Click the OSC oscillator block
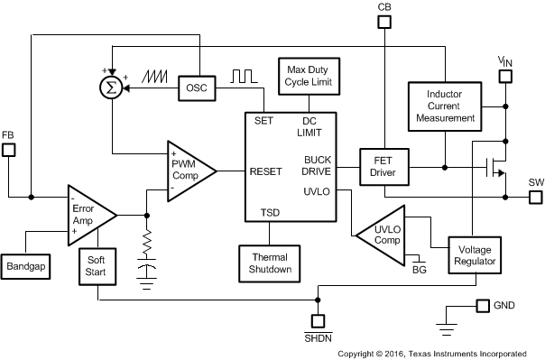tap(196, 88)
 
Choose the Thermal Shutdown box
tap(270, 262)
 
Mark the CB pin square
tap(384, 23)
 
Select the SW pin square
tap(535, 196)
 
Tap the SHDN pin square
tap(318, 320)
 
